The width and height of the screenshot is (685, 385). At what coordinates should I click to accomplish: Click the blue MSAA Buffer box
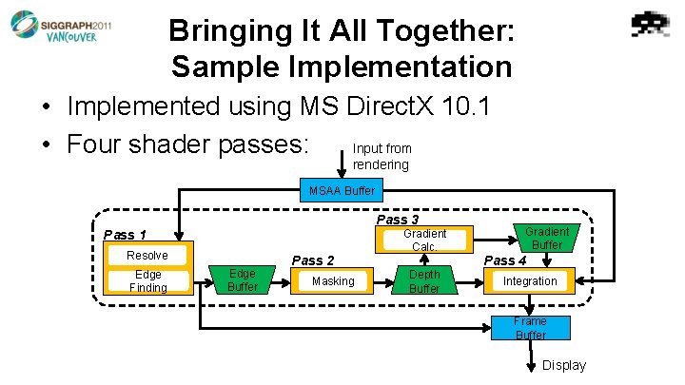[342, 191]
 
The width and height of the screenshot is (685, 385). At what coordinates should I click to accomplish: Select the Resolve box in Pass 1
[147, 255]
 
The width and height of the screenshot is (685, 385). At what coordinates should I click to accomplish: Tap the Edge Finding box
[147, 281]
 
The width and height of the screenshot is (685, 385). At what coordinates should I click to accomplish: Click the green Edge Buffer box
[243, 279]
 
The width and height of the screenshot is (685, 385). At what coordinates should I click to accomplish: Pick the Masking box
[333, 280]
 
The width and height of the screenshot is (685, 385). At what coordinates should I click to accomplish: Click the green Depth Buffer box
[424, 281]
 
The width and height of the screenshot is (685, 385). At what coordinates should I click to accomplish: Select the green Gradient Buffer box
[546, 238]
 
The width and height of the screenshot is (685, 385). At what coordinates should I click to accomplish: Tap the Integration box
[530, 280]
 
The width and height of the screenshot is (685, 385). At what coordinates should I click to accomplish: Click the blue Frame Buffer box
[530, 328]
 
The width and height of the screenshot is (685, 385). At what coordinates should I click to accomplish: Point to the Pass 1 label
[125, 235]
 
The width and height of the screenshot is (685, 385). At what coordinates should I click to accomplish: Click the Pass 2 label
[313, 260]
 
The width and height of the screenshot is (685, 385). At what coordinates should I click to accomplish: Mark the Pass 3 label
[397, 220]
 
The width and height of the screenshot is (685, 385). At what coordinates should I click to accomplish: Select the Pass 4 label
[505, 260]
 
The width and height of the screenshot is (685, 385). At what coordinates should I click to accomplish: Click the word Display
[564, 366]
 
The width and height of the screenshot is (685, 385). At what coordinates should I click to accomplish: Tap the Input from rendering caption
[382, 157]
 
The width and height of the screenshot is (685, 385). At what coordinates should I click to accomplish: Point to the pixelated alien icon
[652, 25]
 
